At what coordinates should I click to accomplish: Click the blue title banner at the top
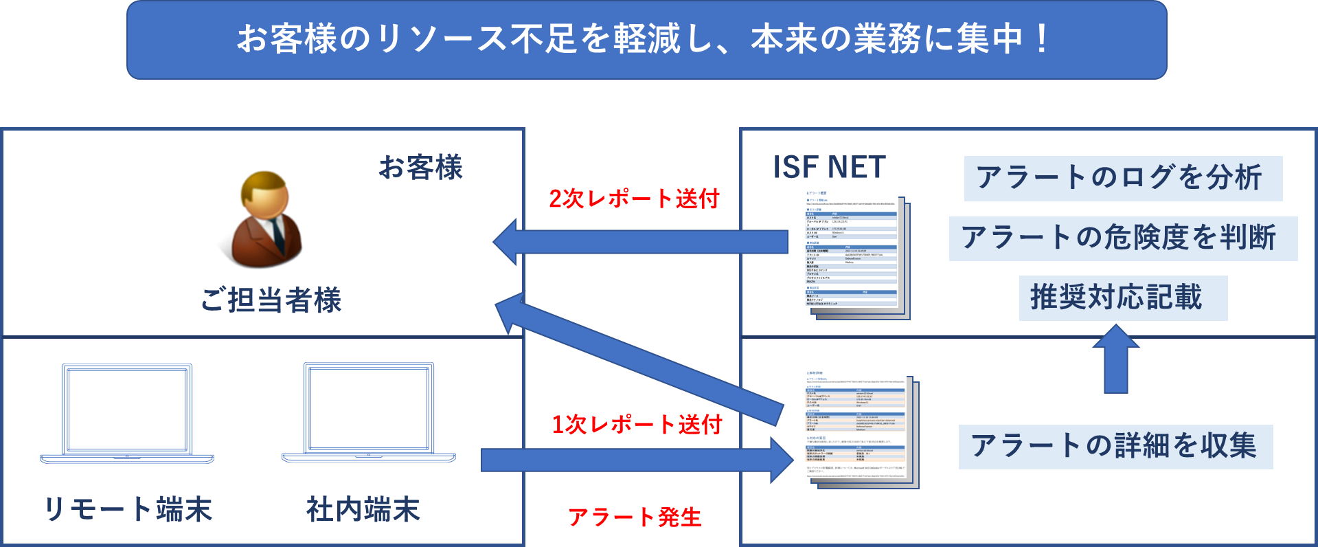(646, 39)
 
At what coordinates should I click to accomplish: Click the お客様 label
(420, 167)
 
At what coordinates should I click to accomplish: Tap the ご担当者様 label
(271, 300)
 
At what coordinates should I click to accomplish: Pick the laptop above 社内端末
(369, 413)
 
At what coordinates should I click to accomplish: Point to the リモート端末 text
(128, 509)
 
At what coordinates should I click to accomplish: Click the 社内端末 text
(363, 509)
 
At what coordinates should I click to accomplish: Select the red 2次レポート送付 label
(633, 199)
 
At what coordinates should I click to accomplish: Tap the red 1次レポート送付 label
(637, 424)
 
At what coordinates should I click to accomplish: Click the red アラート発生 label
(635, 517)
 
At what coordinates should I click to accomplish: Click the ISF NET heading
(829, 167)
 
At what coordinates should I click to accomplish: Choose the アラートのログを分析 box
(1122, 178)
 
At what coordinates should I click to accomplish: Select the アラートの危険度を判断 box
(1122, 238)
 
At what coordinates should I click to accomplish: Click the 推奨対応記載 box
(1122, 298)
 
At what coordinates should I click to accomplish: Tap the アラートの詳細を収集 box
(1115, 446)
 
